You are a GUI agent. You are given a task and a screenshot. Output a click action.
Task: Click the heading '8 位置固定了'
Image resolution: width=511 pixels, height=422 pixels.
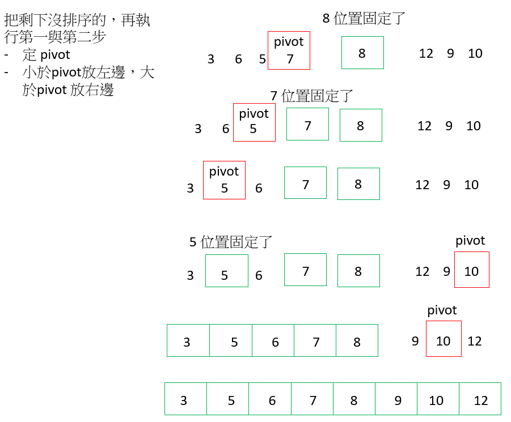tap(364, 18)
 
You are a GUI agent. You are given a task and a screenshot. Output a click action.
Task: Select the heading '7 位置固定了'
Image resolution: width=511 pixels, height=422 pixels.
tap(312, 96)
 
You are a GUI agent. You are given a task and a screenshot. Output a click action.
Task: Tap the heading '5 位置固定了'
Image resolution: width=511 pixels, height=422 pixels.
tap(231, 242)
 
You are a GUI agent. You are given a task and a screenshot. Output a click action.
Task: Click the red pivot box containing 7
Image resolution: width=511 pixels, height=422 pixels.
tap(289, 50)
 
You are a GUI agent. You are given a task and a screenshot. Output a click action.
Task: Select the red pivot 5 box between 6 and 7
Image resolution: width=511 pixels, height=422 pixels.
tap(254, 122)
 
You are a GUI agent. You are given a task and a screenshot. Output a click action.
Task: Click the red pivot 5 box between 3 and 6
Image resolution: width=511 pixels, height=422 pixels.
tap(224, 180)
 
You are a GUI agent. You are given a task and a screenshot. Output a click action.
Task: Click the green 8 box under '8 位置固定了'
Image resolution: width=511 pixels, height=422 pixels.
tap(362, 53)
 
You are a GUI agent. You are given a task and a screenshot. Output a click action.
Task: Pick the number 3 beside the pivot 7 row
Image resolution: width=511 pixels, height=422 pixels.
tap(211, 59)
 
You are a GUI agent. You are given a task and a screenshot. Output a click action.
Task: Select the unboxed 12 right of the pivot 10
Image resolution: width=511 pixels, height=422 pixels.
tap(475, 341)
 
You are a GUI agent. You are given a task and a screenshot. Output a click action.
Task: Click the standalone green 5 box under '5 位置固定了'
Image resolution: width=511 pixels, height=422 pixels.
tap(226, 271)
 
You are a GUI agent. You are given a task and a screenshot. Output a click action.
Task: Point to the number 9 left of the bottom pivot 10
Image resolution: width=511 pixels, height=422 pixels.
tap(415, 341)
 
